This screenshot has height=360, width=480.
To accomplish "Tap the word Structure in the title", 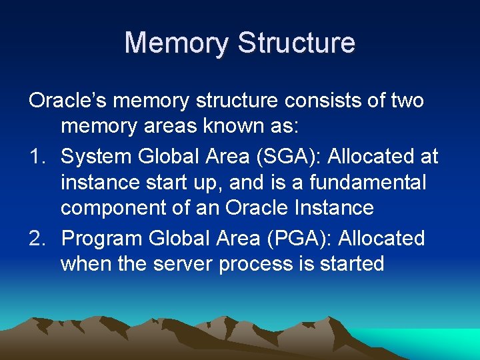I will tap(297, 43).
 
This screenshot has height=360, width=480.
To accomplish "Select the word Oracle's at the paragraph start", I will tap(69, 101).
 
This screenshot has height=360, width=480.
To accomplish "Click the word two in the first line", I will tap(405, 101).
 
